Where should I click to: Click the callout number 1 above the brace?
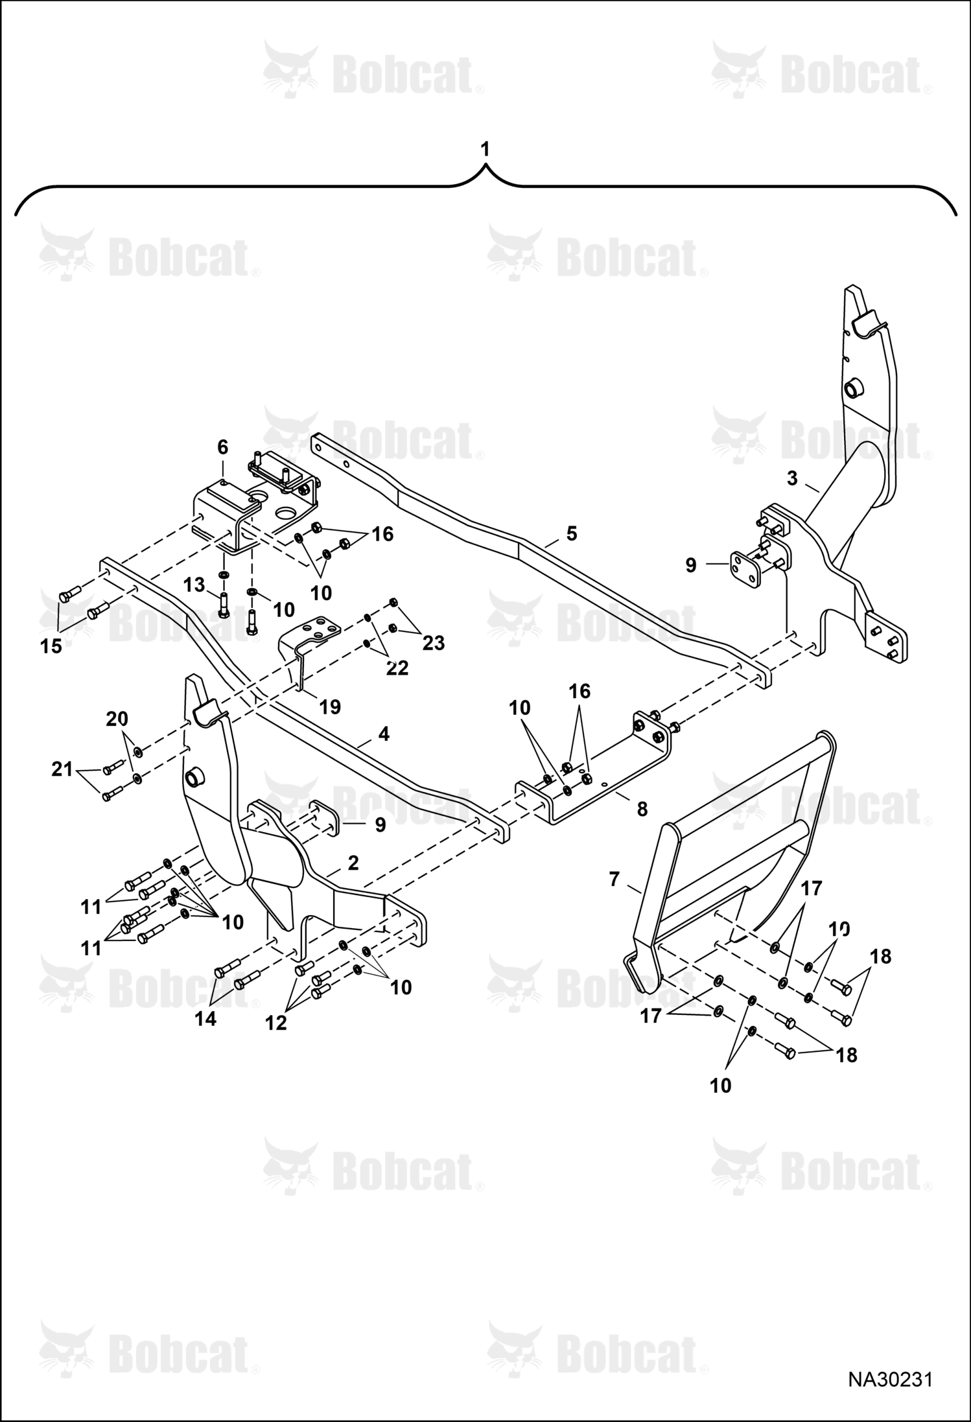click(485, 150)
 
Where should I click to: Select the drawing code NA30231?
click(891, 1379)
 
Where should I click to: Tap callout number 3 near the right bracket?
click(792, 479)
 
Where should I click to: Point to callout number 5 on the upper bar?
click(571, 533)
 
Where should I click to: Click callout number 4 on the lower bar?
click(384, 734)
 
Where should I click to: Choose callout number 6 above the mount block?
click(222, 447)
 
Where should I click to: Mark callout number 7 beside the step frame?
click(614, 879)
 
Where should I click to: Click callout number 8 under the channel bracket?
click(642, 809)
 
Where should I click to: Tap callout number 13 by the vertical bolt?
click(194, 585)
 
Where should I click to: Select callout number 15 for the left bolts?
click(51, 646)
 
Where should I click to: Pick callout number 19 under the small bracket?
click(330, 706)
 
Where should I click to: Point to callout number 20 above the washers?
click(117, 718)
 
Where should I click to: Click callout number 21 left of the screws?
click(63, 771)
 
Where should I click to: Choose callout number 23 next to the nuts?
click(434, 643)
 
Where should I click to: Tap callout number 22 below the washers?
click(397, 668)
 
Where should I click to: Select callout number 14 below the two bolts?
click(205, 1019)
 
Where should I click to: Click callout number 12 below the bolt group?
click(275, 1023)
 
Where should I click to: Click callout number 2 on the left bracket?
click(353, 863)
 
